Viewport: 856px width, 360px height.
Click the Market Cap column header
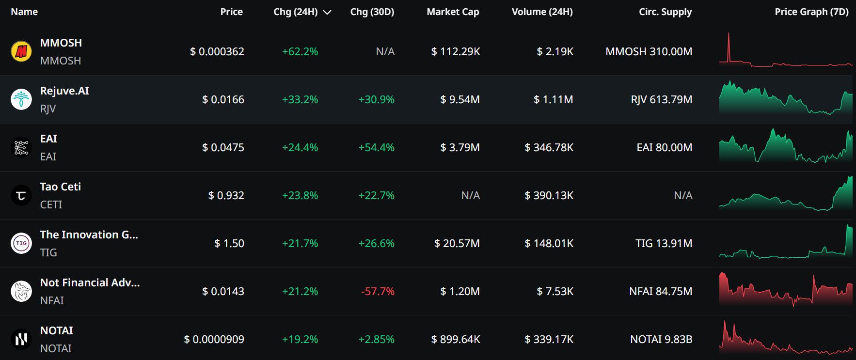453,12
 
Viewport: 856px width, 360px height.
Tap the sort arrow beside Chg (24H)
327,13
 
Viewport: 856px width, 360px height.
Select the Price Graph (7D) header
811,12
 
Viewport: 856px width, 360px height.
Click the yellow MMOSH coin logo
21,51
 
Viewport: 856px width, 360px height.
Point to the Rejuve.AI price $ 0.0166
223,99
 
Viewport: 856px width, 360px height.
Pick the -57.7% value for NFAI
378,291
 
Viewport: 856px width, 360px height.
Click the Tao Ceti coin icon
21,195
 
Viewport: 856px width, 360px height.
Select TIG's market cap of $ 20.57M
457,243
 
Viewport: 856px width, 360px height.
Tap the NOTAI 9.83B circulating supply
661,339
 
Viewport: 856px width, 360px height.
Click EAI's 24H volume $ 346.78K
549,147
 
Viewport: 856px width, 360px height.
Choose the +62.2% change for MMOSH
300,51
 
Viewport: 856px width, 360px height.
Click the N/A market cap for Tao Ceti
470,195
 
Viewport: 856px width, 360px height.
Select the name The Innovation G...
89,235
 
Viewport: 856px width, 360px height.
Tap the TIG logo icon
21,243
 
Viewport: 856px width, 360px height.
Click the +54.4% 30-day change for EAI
376,147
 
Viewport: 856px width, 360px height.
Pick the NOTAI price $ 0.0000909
214,339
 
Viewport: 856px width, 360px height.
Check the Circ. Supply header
665,12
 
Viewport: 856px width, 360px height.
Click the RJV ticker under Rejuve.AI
48,109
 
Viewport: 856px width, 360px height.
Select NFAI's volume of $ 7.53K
555,291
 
